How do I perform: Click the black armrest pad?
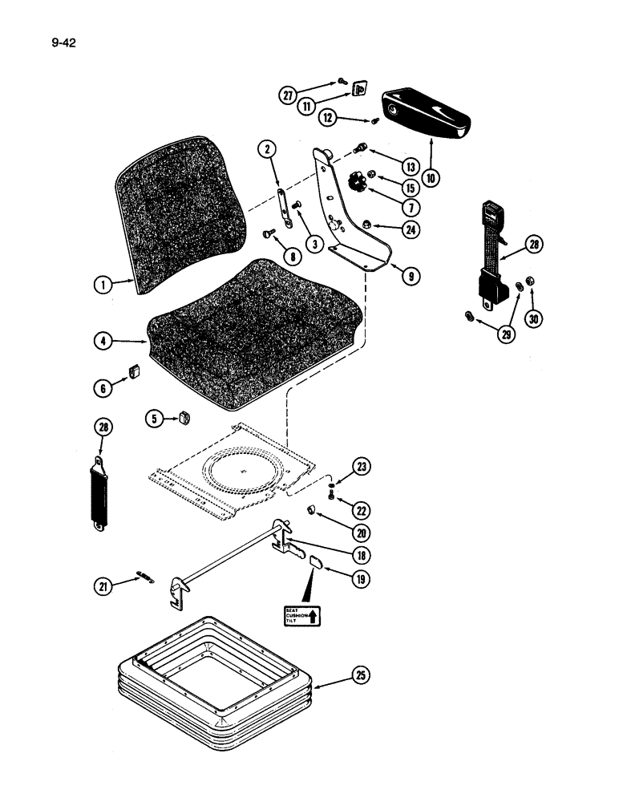pyautogui.click(x=425, y=111)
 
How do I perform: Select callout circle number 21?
pyautogui.click(x=103, y=586)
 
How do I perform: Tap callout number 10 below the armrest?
pyautogui.click(x=431, y=177)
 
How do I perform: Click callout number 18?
pyautogui.click(x=363, y=554)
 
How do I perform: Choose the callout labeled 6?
pyautogui.click(x=103, y=388)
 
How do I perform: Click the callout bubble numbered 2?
pyautogui.click(x=268, y=149)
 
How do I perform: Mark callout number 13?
pyautogui.click(x=410, y=167)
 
